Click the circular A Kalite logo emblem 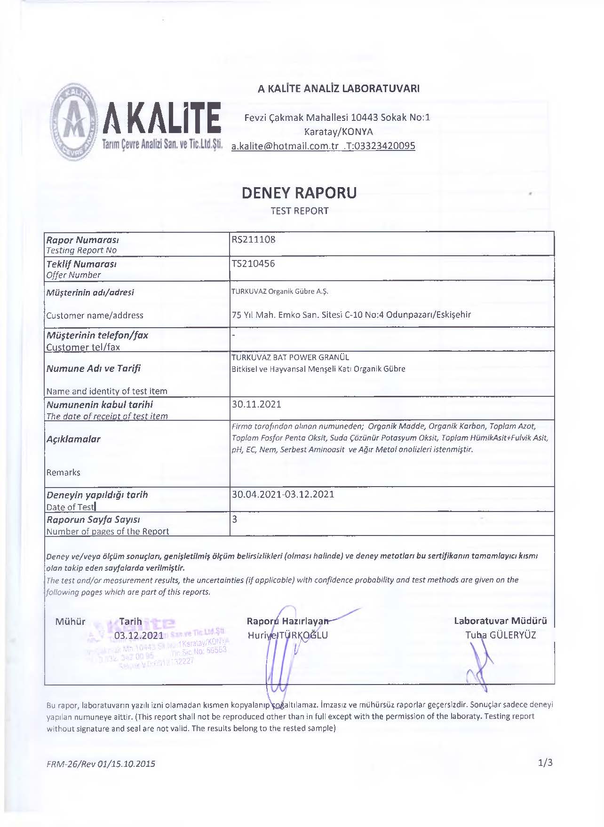click(x=75, y=122)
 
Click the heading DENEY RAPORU click(x=299, y=193)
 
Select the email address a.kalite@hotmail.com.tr click(x=285, y=146)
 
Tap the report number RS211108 click(x=254, y=239)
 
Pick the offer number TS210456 click(x=253, y=264)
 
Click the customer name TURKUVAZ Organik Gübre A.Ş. click(x=280, y=291)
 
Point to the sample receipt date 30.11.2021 click(x=256, y=404)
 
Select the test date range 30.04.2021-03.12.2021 click(x=283, y=494)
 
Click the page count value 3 click(x=235, y=519)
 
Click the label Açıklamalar click(x=73, y=439)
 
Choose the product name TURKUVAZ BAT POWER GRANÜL click(x=290, y=357)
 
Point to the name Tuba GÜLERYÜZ click(x=501, y=635)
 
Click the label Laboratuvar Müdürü click(x=501, y=621)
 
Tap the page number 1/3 click(x=545, y=763)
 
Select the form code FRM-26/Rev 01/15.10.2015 click(x=101, y=764)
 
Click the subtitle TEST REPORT click(x=299, y=211)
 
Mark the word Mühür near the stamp click(x=71, y=622)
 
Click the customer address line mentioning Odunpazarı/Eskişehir click(x=351, y=315)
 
